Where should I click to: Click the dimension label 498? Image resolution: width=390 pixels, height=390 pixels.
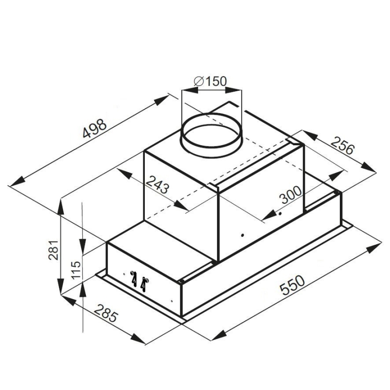tap(95, 129)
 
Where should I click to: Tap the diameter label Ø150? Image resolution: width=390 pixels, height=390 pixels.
tap(210, 81)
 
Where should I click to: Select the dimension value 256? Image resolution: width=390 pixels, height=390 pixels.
tap(342, 145)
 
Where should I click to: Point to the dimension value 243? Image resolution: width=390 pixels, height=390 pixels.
tap(157, 185)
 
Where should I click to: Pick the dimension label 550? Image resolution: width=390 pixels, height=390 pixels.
tap(292, 285)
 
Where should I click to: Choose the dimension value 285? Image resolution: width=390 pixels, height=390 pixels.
tap(105, 313)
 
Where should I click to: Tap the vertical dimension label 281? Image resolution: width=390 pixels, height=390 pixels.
tap(53, 250)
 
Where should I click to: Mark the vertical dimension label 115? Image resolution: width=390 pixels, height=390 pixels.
tap(76, 270)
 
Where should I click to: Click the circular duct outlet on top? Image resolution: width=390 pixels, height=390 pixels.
tap(211, 136)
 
